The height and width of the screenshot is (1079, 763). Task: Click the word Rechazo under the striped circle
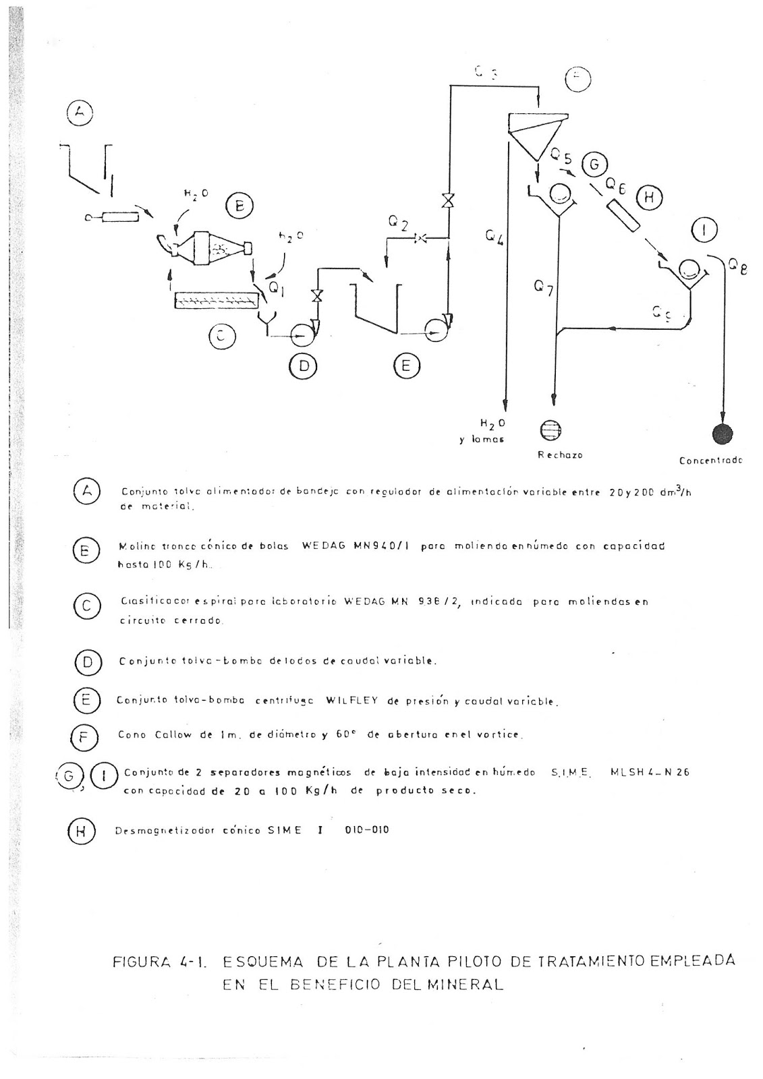tap(560, 455)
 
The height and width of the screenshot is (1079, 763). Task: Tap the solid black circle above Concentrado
tap(723, 434)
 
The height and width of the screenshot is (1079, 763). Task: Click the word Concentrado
tap(710, 461)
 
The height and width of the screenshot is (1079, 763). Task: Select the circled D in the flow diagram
tap(304, 366)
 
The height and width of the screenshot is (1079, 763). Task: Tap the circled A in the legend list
tap(86, 492)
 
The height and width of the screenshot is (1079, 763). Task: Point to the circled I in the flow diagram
tap(704, 231)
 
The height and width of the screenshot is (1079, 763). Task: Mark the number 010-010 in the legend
tap(366, 830)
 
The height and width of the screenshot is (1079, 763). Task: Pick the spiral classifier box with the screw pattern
tap(215, 301)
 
